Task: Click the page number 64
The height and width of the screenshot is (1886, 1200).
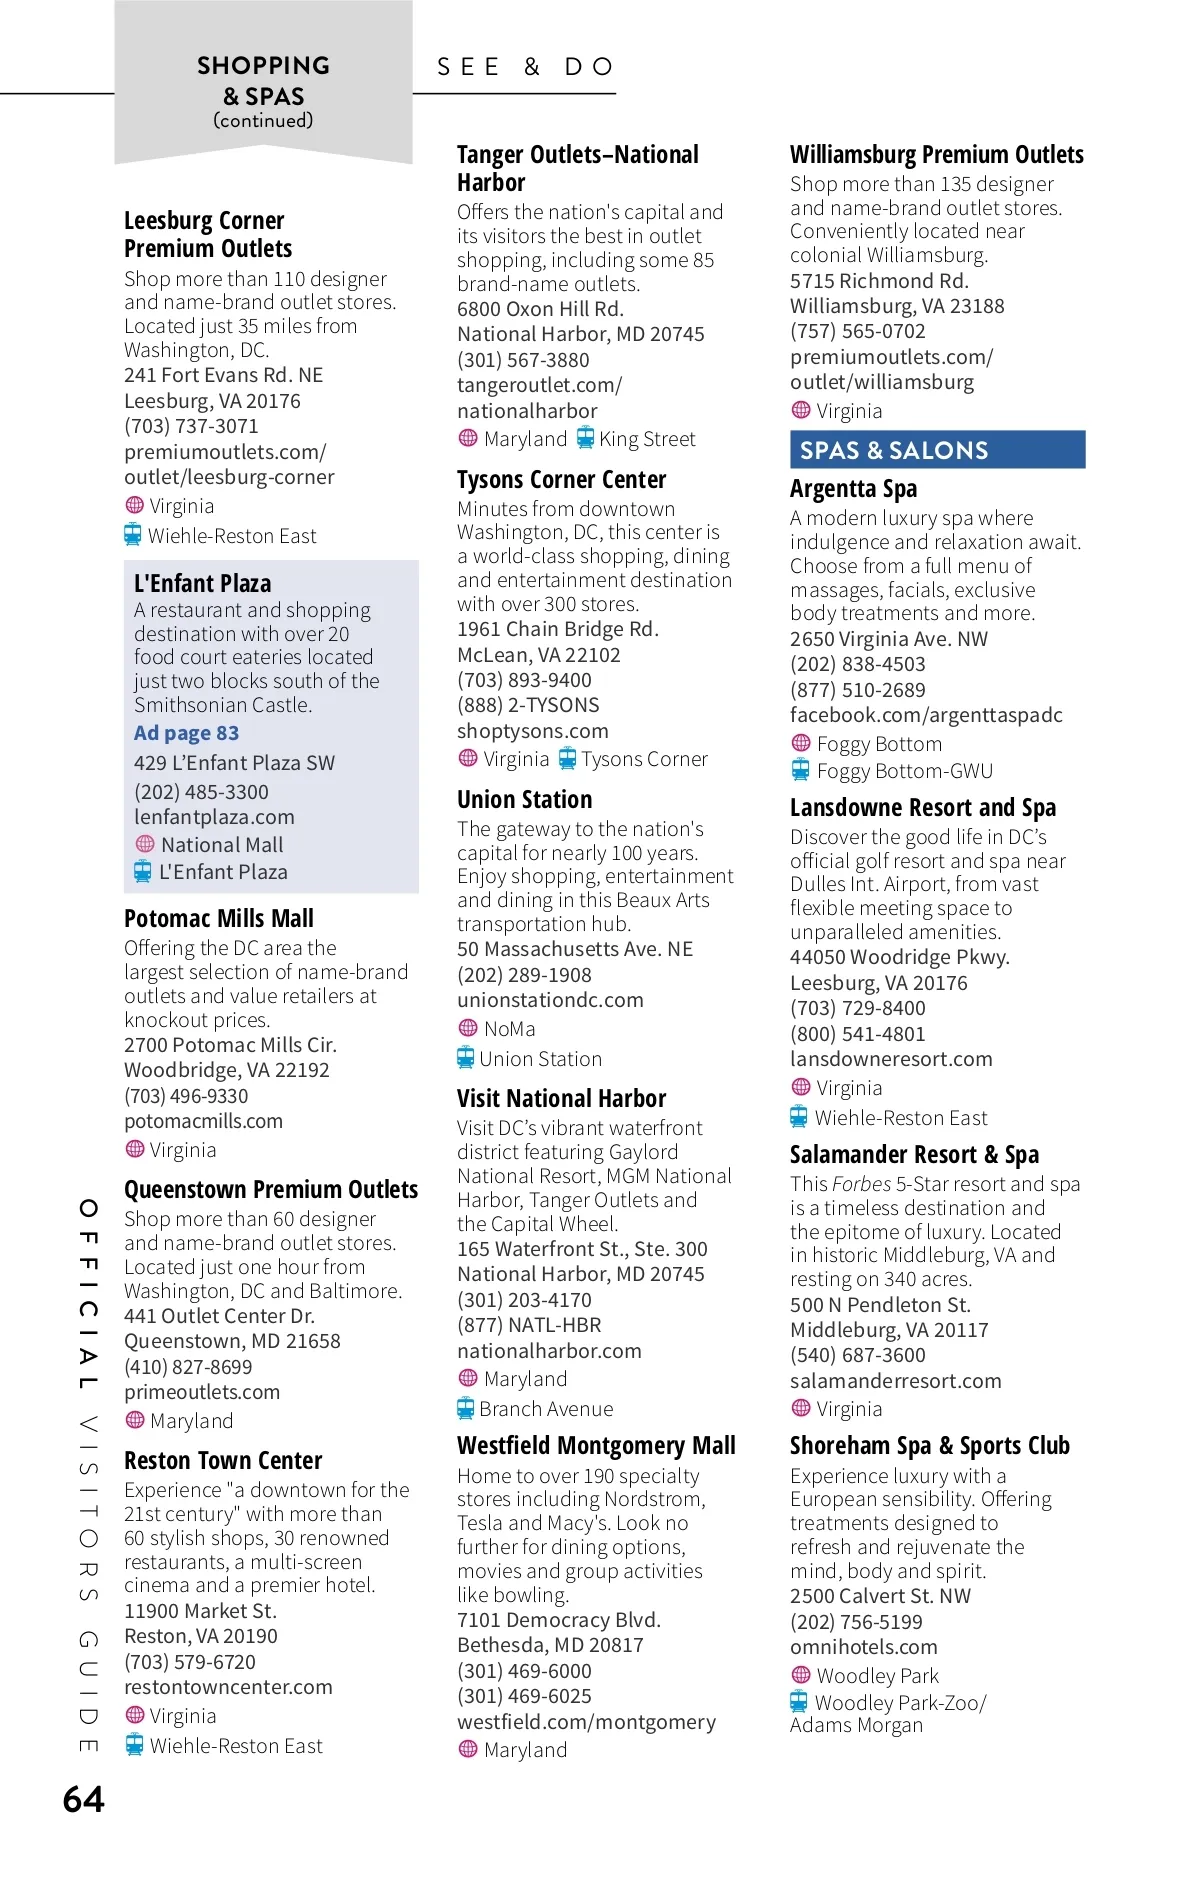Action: pos(84,1800)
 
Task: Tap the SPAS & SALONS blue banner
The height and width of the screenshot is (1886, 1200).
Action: pos(937,450)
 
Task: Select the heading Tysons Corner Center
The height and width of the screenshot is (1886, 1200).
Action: pos(561,480)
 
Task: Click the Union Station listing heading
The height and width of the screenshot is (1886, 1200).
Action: pos(524,800)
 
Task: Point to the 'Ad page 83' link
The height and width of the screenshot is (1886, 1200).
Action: pos(186,733)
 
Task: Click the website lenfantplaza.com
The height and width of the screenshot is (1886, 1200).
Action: pos(214,817)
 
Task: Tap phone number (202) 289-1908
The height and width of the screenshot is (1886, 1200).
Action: pos(524,975)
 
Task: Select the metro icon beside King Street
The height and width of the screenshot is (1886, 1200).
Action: pos(585,438)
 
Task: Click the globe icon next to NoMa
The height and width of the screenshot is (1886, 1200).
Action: pos(467,1028)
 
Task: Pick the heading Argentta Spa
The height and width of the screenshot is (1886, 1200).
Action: pos(853,489)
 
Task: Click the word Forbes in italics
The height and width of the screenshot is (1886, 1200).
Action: pos(861,1184)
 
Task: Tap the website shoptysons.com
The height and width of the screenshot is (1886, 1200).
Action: pos(532,731)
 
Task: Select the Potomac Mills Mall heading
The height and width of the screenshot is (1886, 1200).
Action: pos(218,919)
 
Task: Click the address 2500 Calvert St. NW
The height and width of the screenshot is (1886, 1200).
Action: pos(880,1596)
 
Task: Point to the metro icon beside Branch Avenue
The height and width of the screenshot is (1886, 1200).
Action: pos(465,1408)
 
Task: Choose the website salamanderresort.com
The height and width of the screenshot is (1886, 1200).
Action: pos(895,1381)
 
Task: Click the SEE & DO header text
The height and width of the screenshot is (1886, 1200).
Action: pos(525,67)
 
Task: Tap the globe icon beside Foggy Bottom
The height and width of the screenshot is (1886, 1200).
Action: pos(800,743)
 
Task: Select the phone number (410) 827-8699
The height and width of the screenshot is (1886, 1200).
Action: pos(188,1367)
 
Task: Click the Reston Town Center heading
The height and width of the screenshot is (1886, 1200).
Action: pos(223,1461)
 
